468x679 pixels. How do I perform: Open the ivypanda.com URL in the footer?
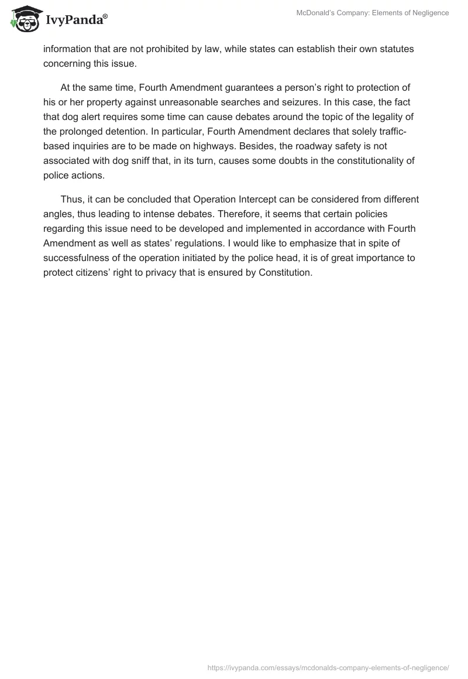(x=328, y=667)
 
